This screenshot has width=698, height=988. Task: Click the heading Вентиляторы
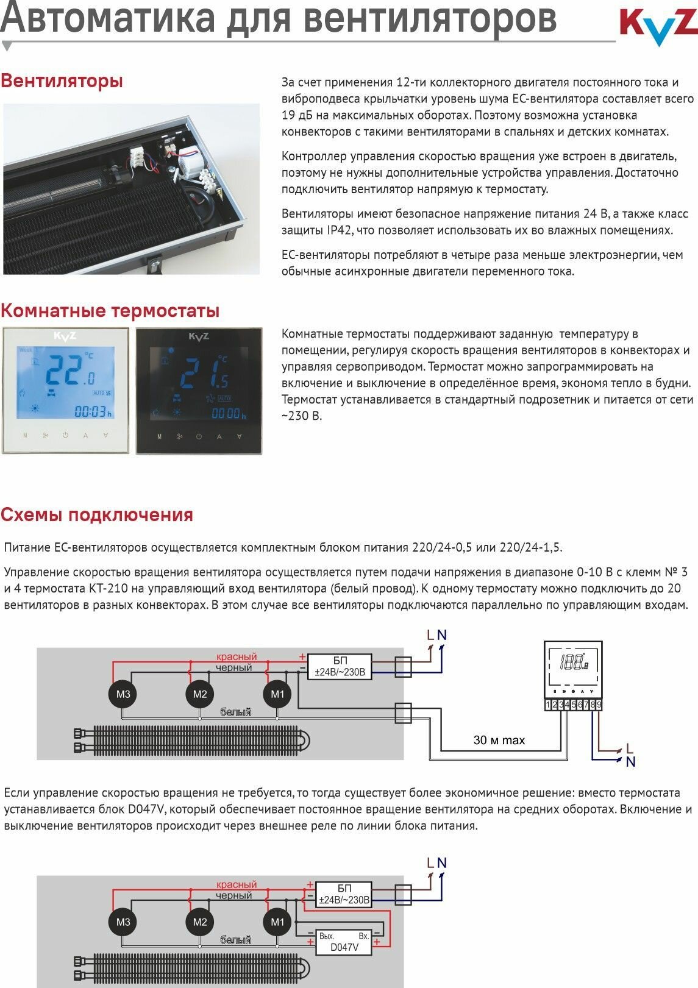62,81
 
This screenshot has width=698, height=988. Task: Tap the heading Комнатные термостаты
110,311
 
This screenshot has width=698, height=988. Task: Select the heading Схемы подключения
96,515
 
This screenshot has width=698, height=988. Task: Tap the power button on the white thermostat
65,436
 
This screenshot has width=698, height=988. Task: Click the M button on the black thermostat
159,436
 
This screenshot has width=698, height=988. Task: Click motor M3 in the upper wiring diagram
123,694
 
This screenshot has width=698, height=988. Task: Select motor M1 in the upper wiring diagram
277,694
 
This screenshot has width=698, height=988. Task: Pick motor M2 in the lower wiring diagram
200,922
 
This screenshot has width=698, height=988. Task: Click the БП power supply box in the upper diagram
340,667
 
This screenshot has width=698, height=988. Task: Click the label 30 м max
499,741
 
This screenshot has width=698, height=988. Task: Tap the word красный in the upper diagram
237,657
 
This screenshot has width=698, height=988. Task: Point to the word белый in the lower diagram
235,940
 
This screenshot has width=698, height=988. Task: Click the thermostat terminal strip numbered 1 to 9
573,705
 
